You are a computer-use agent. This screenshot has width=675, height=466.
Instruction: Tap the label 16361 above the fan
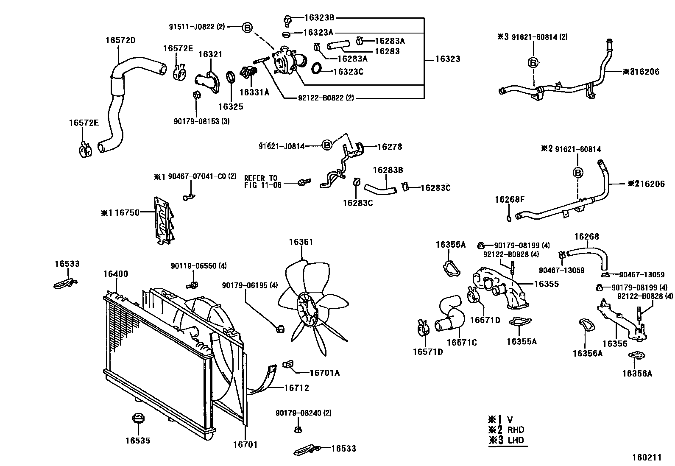pyautogui.click(x=301, y=242)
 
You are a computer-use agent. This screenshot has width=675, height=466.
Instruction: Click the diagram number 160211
pyautogui.click(x=647, y=458)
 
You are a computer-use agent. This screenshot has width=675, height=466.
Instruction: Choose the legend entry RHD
pyautogui.click(x=516, y=430)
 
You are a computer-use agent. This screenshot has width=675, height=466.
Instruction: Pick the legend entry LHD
pyautogui.click(x=516, y=440)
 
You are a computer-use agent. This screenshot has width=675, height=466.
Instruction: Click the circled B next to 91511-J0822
pyautogui.click(x=247, y=28)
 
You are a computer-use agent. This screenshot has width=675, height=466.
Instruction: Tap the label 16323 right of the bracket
pyautogui.click(x=447, y=59)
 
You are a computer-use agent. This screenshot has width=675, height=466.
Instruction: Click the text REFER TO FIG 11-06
pyautogui.click(x=262, y=181)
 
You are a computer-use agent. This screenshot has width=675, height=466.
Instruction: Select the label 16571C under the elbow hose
pyautogui.click(x=461, y=342)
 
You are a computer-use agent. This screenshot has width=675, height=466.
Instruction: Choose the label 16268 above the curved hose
pyautogui.click(x=586, y=237)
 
